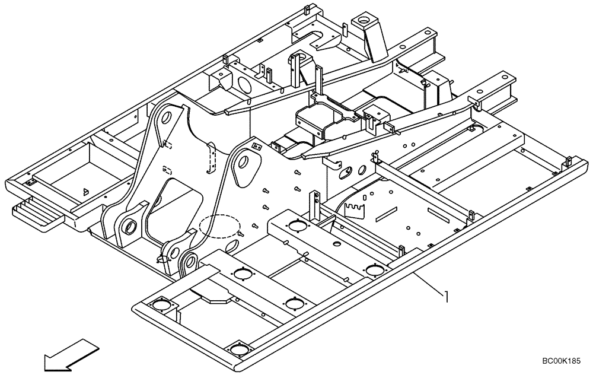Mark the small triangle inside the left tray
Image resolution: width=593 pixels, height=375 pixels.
click(x=85, y=192)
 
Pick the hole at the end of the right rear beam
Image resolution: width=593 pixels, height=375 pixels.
click(x=504, y=77)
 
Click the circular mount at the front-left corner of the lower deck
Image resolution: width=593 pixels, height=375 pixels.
click(x=161, y=306)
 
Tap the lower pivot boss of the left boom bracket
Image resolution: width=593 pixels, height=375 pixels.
click(x=128, y=225)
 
